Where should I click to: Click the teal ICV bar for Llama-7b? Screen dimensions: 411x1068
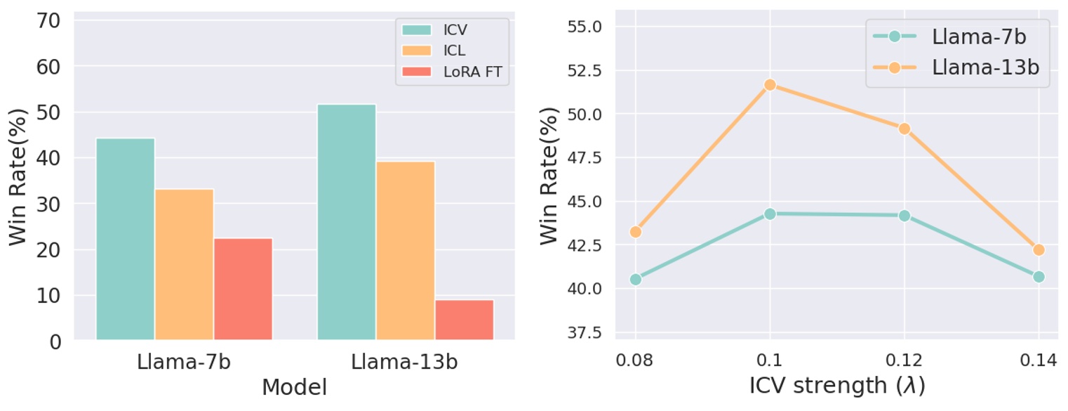[x=125, y=240]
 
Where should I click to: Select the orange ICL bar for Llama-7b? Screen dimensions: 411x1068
[x=184, y=265]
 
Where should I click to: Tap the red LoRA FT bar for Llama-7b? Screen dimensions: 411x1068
[x=243, y=289]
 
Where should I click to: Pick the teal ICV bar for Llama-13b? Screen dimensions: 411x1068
[x=347, y=223]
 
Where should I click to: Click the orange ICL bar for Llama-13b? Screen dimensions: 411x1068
[x=406, y=252]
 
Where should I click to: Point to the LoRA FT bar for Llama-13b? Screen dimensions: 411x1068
[x=465, y=320]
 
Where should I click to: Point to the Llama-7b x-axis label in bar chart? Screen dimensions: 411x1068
[x=183, y=363]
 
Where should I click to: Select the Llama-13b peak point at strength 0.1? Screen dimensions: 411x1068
[x=770, y=84]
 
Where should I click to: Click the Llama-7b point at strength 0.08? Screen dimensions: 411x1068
[x=635, y=279]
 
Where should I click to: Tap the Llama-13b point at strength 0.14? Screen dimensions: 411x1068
[x=1039, y=249]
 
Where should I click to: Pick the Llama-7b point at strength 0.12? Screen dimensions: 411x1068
[x=905, y=216]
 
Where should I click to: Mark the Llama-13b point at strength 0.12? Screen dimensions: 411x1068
[x=905, y=129]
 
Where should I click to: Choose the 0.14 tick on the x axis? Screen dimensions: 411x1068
[x=1039, y=362]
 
